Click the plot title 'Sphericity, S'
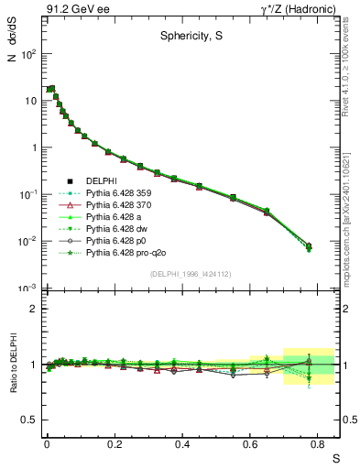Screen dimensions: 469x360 pos(188,38)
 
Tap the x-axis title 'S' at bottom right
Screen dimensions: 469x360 pos(334,456)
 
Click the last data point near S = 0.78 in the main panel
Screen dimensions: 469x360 pos(309,247)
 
